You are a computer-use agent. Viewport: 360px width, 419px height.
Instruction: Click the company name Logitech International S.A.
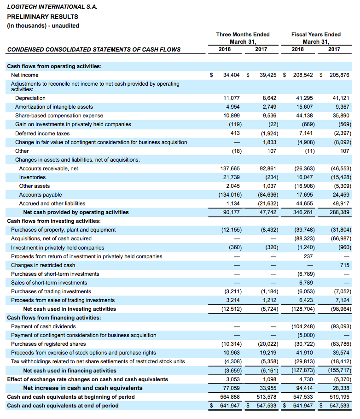(x=52, y=7)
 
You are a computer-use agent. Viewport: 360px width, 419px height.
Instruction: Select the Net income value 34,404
(x=232, y=75)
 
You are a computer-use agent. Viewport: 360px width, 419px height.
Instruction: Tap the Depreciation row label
(x=30, y=98)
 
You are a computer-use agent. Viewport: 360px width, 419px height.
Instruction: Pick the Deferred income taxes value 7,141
(x=306, y=133)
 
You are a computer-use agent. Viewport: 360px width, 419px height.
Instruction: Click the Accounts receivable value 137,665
(x=230, y=169)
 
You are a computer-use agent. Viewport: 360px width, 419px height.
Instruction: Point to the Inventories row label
(x=32, y=177)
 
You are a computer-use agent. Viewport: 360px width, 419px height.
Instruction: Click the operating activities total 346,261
(x=303, y=212)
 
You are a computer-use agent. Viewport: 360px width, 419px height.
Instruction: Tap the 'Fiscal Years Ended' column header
(x=316, y=35)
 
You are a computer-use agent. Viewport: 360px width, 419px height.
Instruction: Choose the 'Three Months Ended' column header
(x=243, y=35)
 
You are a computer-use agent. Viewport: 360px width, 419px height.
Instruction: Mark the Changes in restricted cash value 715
(x=345, y=265)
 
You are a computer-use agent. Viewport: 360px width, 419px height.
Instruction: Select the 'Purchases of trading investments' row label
(x=51, y=291)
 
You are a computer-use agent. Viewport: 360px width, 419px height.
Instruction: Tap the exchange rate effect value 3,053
(x=233, y=379)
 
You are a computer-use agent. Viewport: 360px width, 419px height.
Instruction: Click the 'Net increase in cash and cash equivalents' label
(x=83, y=388)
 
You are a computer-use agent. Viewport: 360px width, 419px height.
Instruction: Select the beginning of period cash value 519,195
(x=339, y=397)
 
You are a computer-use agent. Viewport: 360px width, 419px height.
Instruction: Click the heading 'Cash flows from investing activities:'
(x=54, y=221)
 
